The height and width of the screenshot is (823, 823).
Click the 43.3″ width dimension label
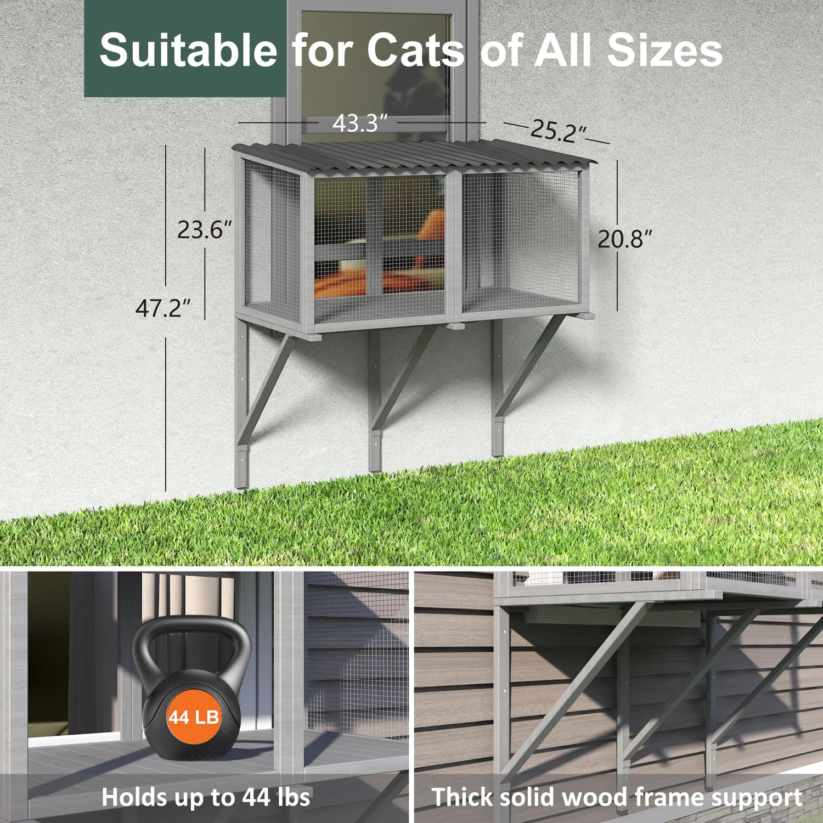[x=360, y=123]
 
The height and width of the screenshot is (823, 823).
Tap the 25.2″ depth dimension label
[x=558, y=132]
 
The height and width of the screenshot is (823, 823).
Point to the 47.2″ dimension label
[x=163, y=308]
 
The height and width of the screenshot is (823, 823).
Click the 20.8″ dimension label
[x=625, y=239]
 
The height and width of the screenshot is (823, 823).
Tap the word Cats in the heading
[x=415, y=50]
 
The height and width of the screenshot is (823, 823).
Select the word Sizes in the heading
[x=664, y=50]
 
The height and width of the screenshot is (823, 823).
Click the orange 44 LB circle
[x=193, y=717]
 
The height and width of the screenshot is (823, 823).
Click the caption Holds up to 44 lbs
[x=206, y=797]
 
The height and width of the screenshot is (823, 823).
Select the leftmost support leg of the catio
[x=242, y=403]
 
